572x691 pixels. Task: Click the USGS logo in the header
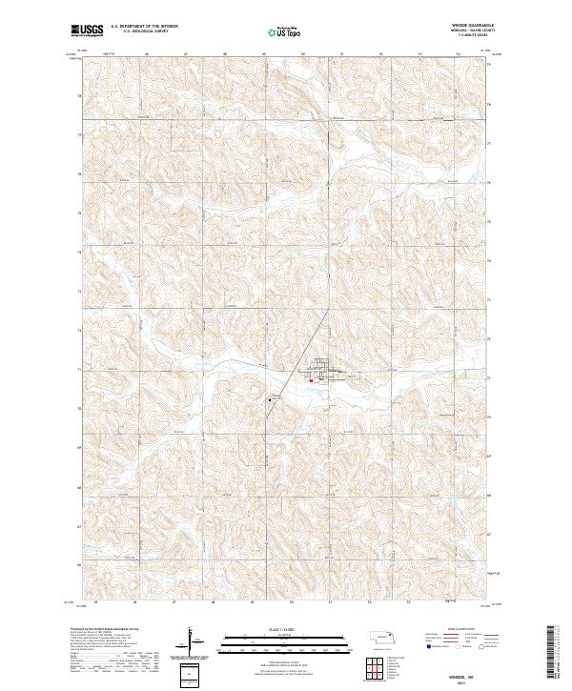[x=88, y=31]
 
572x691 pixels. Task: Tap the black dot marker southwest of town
[x=269, y=400]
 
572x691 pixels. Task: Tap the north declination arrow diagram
[x=192, y=640]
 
